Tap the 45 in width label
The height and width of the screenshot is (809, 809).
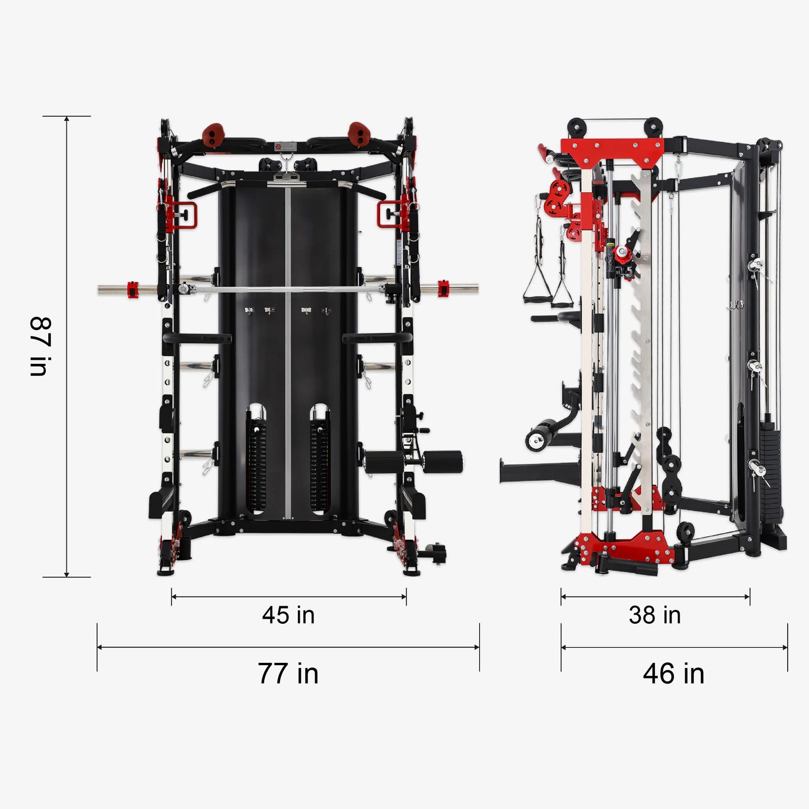click(x=288, y=615)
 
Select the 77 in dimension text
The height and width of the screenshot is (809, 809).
click(x=288, y=674)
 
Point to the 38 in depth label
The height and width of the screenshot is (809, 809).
click(x=654, y=615)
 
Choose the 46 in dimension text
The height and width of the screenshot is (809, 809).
click(x=674, y=674)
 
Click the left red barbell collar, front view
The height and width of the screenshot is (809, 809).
click(x=133, y=289)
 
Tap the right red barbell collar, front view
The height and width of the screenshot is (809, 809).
click(x=443, y=288)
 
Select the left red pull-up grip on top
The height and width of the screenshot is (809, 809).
click(x=213, y=135)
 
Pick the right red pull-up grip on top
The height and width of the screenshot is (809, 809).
click(x=359, y=133)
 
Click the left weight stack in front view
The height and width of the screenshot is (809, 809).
click(x=256, y=465)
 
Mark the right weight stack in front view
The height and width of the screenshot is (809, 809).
click(x=319, y=465)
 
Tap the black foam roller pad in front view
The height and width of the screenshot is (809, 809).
click(x=442, y=462)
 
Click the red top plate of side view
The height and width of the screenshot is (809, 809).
click(x=611, y=150)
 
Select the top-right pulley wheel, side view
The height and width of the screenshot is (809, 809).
click(x=653, y=126)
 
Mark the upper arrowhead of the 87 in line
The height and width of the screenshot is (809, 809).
click(x=67, y=119)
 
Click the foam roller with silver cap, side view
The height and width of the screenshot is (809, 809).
click(x=539, y=438)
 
